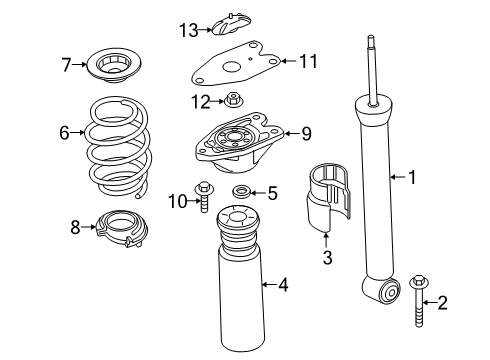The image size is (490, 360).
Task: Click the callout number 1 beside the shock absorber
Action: [x=411, y=178]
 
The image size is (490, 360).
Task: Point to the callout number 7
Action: [x=66, y=66]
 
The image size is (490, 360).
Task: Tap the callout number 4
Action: [x=284, y=286]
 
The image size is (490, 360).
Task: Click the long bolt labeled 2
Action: [x=418, y=300]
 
